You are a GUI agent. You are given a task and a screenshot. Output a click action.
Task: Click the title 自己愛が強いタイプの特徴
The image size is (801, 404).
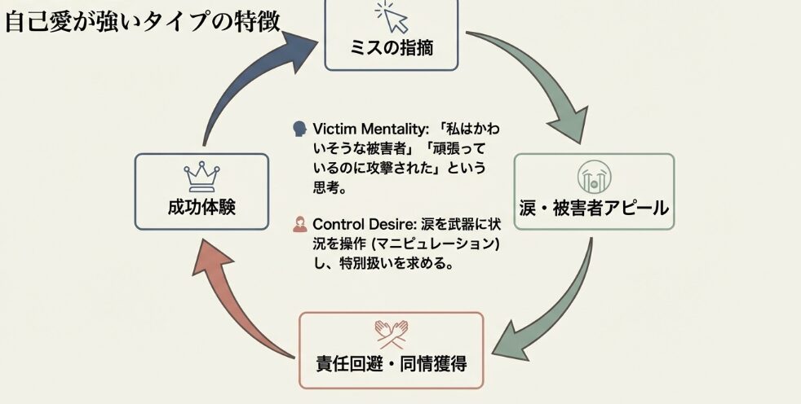point(143,20)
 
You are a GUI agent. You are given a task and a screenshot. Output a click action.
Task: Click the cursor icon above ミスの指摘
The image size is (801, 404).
point(391,15)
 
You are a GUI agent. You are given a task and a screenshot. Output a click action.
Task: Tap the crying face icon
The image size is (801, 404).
point(593,177)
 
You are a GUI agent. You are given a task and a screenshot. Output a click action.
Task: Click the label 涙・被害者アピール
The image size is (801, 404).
point(594,209)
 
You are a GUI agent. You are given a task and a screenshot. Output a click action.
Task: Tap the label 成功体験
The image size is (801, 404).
point(201,207)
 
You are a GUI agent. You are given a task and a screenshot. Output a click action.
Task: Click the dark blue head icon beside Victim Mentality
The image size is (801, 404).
point(299,130)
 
